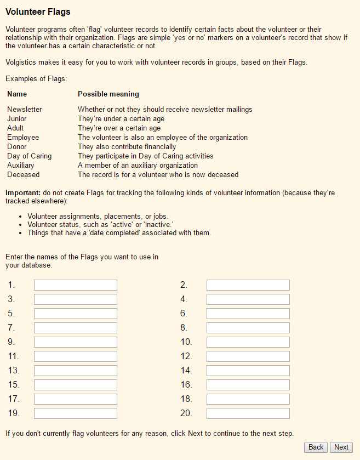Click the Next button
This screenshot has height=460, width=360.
click(x=341, y=447)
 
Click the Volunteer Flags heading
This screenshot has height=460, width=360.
click(x=38, y=12)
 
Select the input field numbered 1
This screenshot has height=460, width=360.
click(x=76, y=285)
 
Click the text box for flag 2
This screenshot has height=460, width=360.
click(x=248, y=285)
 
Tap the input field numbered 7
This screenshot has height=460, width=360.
click(x=76, y=328)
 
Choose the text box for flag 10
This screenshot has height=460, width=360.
click(x=248, y=342)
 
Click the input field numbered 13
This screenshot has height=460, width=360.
click(x=76, y=371)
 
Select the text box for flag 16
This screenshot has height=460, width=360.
click(x=248, y=385)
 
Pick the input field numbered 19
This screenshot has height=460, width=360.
click(x=76, y=413)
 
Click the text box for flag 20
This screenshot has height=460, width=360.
click(x=248, y=413)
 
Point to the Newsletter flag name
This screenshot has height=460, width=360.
click(x=25, y=109)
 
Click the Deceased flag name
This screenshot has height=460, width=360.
click(x=24, y=174)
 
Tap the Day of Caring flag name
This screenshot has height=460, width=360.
click(x=30, y=156)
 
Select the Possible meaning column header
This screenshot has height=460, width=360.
click(x=108, y=94)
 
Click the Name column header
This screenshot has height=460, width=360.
click(x=17, y=94)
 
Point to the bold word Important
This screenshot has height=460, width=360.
click(x=23, y=193)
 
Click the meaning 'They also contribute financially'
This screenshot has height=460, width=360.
click(x=127, y=146)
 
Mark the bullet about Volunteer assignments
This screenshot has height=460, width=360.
click(x=98, y=216)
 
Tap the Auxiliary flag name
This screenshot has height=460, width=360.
click(x=21, y=165)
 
